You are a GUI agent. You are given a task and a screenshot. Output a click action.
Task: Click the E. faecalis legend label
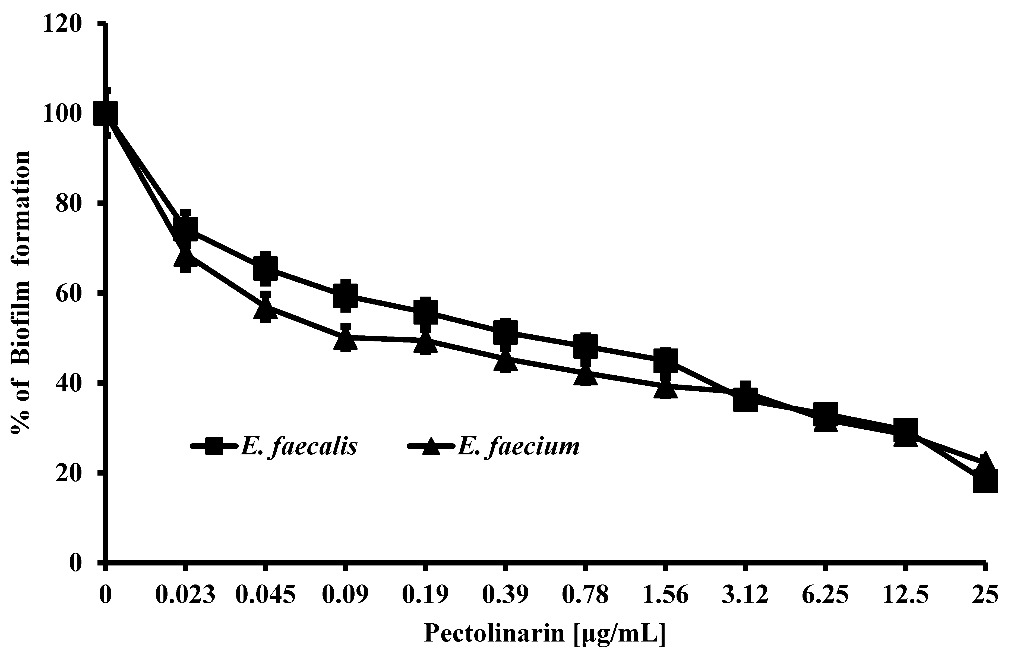coord(299,447)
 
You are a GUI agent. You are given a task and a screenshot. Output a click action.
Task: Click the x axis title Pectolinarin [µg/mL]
coord(545,634)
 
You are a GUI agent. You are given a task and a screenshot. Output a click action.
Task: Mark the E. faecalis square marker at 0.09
coord(345,294)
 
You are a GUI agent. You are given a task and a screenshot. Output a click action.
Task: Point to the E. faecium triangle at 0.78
coord(585,376)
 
